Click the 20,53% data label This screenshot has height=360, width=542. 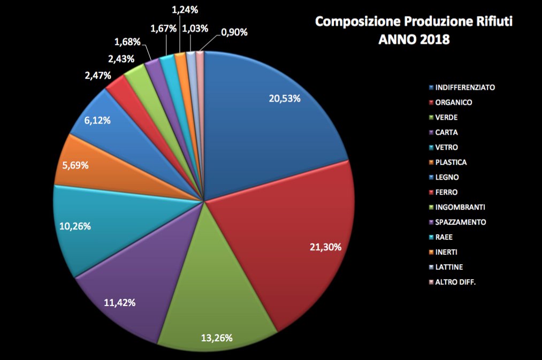[x=284, y=98]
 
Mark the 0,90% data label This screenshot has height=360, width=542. [x=234, y=32]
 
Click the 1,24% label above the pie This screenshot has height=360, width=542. [x=185, y=9]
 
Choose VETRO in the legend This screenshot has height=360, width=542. [x=447, y=147]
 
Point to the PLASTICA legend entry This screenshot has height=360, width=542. [x=451, y=162]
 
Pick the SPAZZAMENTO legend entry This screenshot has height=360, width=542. [x=461, y=222]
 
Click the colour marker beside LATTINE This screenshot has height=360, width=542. [x=431, y=267]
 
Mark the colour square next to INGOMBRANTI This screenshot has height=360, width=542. [x=431, y=207]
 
